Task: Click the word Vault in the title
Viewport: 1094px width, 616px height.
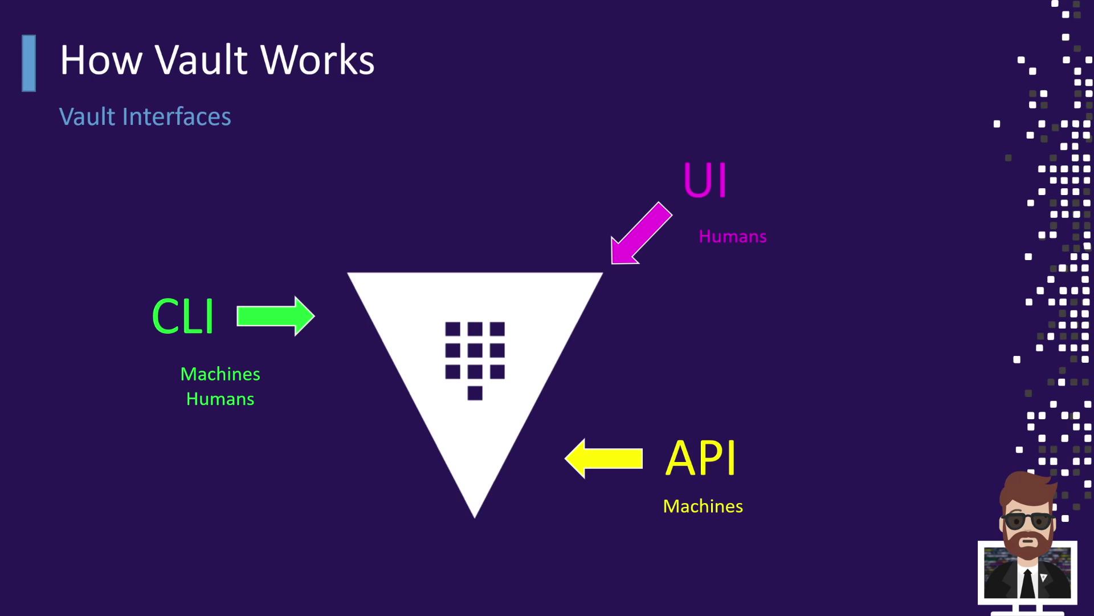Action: click(x=201, y=60)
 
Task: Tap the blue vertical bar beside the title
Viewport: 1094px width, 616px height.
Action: click(x=29, y=63)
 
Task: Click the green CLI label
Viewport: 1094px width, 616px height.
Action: click(x=183, y=317)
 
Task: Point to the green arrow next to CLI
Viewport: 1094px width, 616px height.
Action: click(x=275, y=316)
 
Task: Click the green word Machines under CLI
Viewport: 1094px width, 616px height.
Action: click(x=220, y=374)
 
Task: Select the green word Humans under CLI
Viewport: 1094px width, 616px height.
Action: click(x=220, y=399)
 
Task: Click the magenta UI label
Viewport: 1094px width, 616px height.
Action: click(x=705, y=181)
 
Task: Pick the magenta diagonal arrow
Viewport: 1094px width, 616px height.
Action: click(x=640, y=234)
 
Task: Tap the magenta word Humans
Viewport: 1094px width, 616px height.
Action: click(x=733, y=237)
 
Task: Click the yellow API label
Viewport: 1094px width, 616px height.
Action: click(x=701, y=458)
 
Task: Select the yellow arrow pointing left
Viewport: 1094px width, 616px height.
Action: click(x=604, y=458)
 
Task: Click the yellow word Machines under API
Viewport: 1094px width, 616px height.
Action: click(x=703, y=506)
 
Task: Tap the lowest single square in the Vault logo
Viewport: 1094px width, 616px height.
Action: click(x=475, y=393)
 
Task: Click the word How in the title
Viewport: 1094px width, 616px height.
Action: click(x=101, y=60)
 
